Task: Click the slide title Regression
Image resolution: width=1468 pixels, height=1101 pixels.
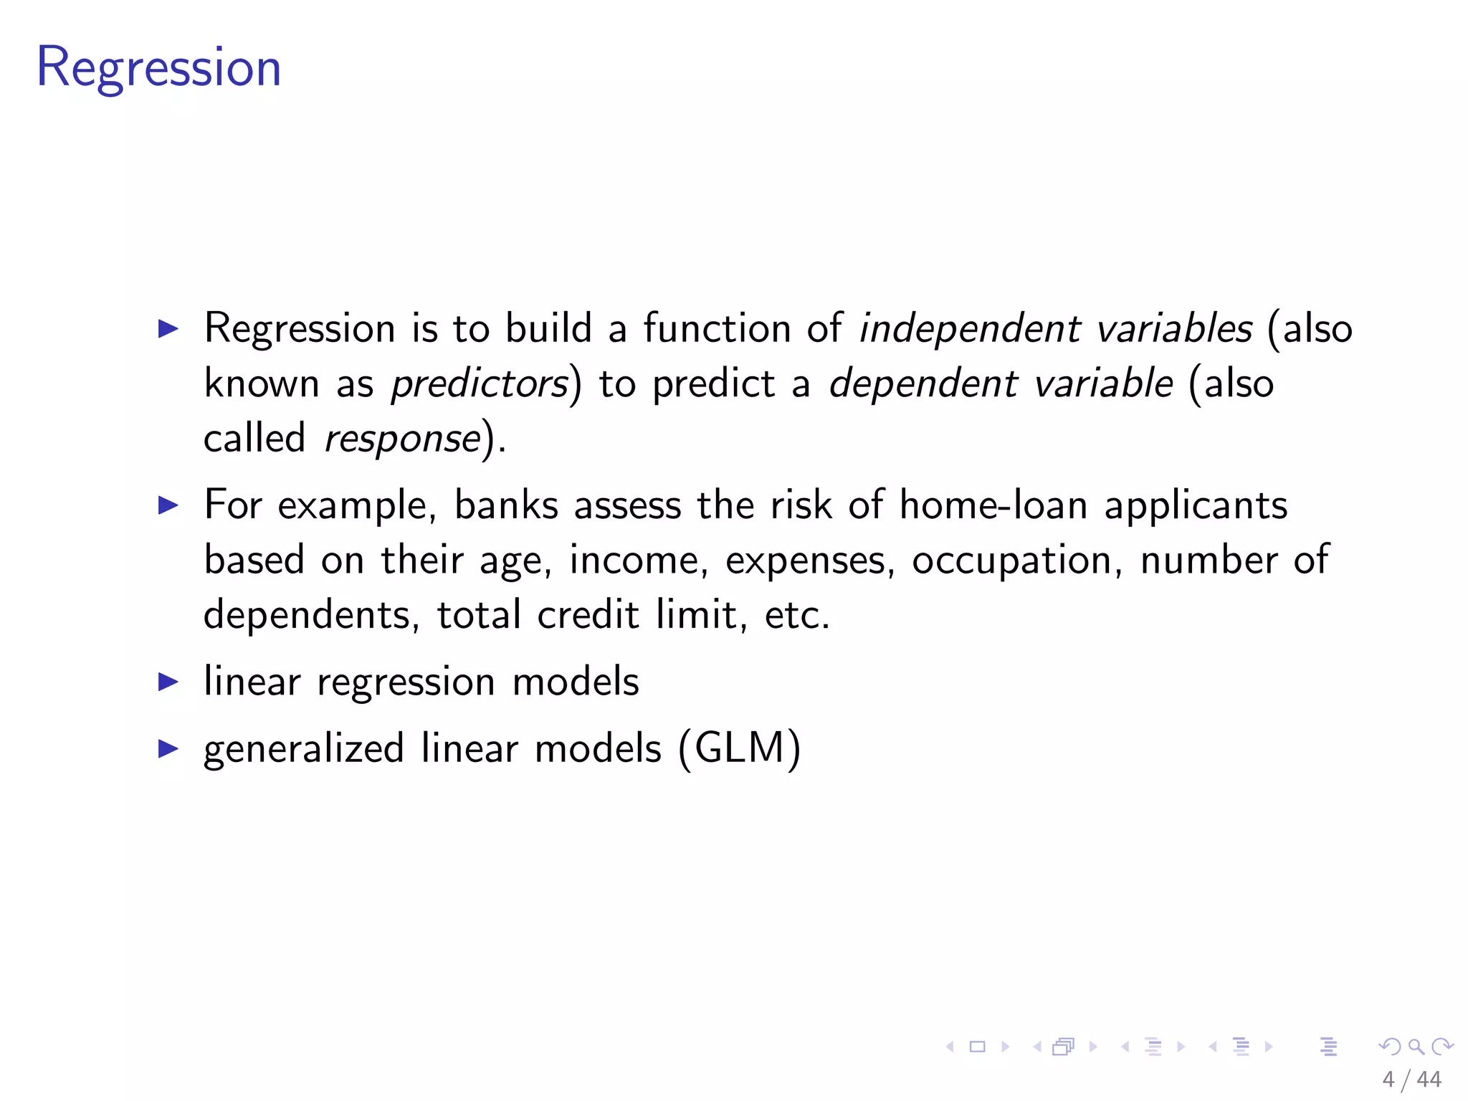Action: pos(158,68)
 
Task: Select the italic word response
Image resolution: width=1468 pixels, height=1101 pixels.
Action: pos(402,439)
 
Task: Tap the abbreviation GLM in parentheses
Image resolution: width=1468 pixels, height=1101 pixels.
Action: pos(740,748)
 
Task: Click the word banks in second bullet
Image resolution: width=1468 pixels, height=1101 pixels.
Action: pos(506,505)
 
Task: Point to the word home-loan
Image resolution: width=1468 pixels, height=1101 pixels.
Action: pos(993,505)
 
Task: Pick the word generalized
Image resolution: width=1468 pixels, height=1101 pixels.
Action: pos(304,750)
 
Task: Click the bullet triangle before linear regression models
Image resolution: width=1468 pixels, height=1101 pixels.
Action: pos(168,682)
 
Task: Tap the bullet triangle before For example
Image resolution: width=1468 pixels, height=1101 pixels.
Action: pos(168,505)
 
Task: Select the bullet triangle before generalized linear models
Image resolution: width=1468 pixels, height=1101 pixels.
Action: pos(168,749)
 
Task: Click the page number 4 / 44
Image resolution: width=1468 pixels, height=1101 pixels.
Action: pos(1411,1079)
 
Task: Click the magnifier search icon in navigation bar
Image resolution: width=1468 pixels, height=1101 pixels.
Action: pos(1416,1047)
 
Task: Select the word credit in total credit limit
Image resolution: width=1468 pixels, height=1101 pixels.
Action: pos(588,616)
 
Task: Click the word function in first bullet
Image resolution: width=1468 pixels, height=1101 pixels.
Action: pos(716,329)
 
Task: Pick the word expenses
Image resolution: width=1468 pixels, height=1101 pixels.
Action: pos(810,561)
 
